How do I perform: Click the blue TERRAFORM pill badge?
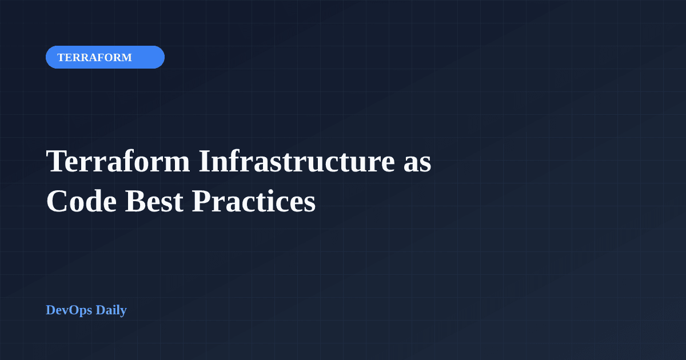pyautogui.click(x=105, y=57)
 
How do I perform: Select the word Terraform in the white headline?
pyautogui.click(x=118, y=161)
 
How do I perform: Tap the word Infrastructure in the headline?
pyautogui.click(x=296, y=161)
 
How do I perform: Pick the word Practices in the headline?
pyautogui.click(x=253, y=202)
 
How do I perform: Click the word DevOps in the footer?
pyautogui.click(x=69, y=310)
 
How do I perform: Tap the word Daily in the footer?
pyautogui.click(x=111, y=310)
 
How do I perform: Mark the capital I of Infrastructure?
pyautogui.click(x=205, y=161)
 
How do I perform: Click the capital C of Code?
pyautogui.click(x=56, y=202)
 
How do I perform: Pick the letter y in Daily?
pyautogui.click(x=123, y=313)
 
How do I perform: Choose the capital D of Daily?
pyautogui.click(x=101, y=310)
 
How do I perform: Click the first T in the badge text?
pyautogui.click(x=61, y=58)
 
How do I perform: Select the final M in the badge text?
pyautogui.click(x=126, y=58)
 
